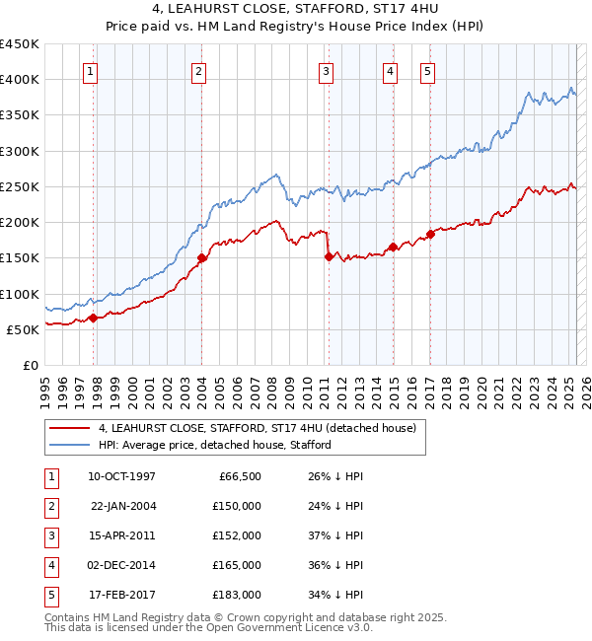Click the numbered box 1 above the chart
pyautogui.click(x=90, y=71)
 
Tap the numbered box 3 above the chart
pyautogui.click(x=325, y=71)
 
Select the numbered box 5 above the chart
pyautogui.click(x=427, y=71)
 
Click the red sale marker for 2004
pyautogui.click(x=202, y=258)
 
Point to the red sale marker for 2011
pyautogui.click(x=329, y=256)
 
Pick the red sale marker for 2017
pyautogui.click(x=430, y=235)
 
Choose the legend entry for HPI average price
pyautogui.click(x=214, y=445)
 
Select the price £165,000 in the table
pyautogui.click(x=237, y=565)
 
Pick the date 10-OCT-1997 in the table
pyautogui.click(x=121, y=476)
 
